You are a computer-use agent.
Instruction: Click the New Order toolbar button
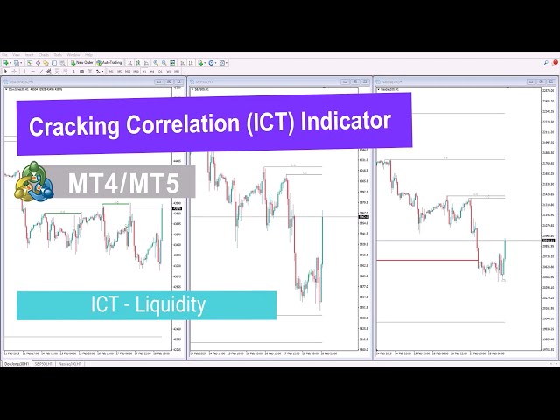[x=84, y=63]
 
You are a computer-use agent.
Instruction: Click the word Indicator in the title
[x=346, y=118]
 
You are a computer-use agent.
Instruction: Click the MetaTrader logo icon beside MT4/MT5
[x=32, y=182]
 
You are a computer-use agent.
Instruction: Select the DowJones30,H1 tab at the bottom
[x=18, y=362]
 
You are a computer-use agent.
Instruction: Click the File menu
[x=5, y=54]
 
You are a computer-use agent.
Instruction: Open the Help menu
[x=88, y=54]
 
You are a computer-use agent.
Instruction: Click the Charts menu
[x=44, y=54]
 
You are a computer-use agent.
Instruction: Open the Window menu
[x=73, y=54]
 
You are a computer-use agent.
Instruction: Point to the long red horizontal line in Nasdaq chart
[x=427, y=260]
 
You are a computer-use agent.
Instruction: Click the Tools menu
[x=58, y=54]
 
